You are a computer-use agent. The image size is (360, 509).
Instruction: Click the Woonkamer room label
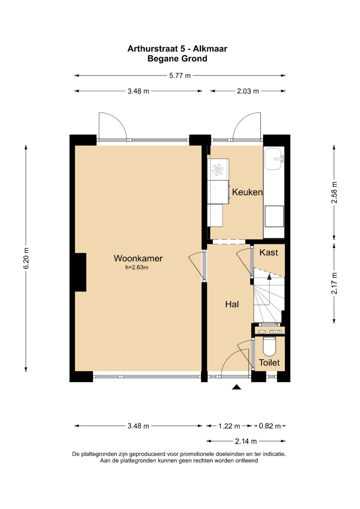138,258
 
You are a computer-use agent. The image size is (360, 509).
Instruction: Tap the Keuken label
247,192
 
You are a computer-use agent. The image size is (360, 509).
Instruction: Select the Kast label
269,252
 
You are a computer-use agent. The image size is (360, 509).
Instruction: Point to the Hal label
232,304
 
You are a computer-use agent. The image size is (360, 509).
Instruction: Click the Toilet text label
269,363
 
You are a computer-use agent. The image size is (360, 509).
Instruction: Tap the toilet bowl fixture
269,346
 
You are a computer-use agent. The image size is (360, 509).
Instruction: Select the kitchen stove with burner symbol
218,170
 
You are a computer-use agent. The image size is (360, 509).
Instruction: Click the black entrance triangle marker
236,387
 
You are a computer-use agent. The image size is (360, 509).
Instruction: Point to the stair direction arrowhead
269,276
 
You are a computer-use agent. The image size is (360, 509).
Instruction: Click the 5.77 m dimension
180,75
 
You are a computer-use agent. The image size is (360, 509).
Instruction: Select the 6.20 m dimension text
26,258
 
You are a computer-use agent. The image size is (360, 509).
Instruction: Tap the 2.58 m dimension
334,192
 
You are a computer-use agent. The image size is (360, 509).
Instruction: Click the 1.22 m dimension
229,426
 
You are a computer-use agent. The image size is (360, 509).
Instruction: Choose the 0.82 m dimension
270,426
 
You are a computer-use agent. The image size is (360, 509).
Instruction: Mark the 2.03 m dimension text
248,91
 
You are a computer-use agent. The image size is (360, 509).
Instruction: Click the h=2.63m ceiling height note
137,267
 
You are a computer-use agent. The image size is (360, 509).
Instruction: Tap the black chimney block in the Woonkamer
80,272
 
